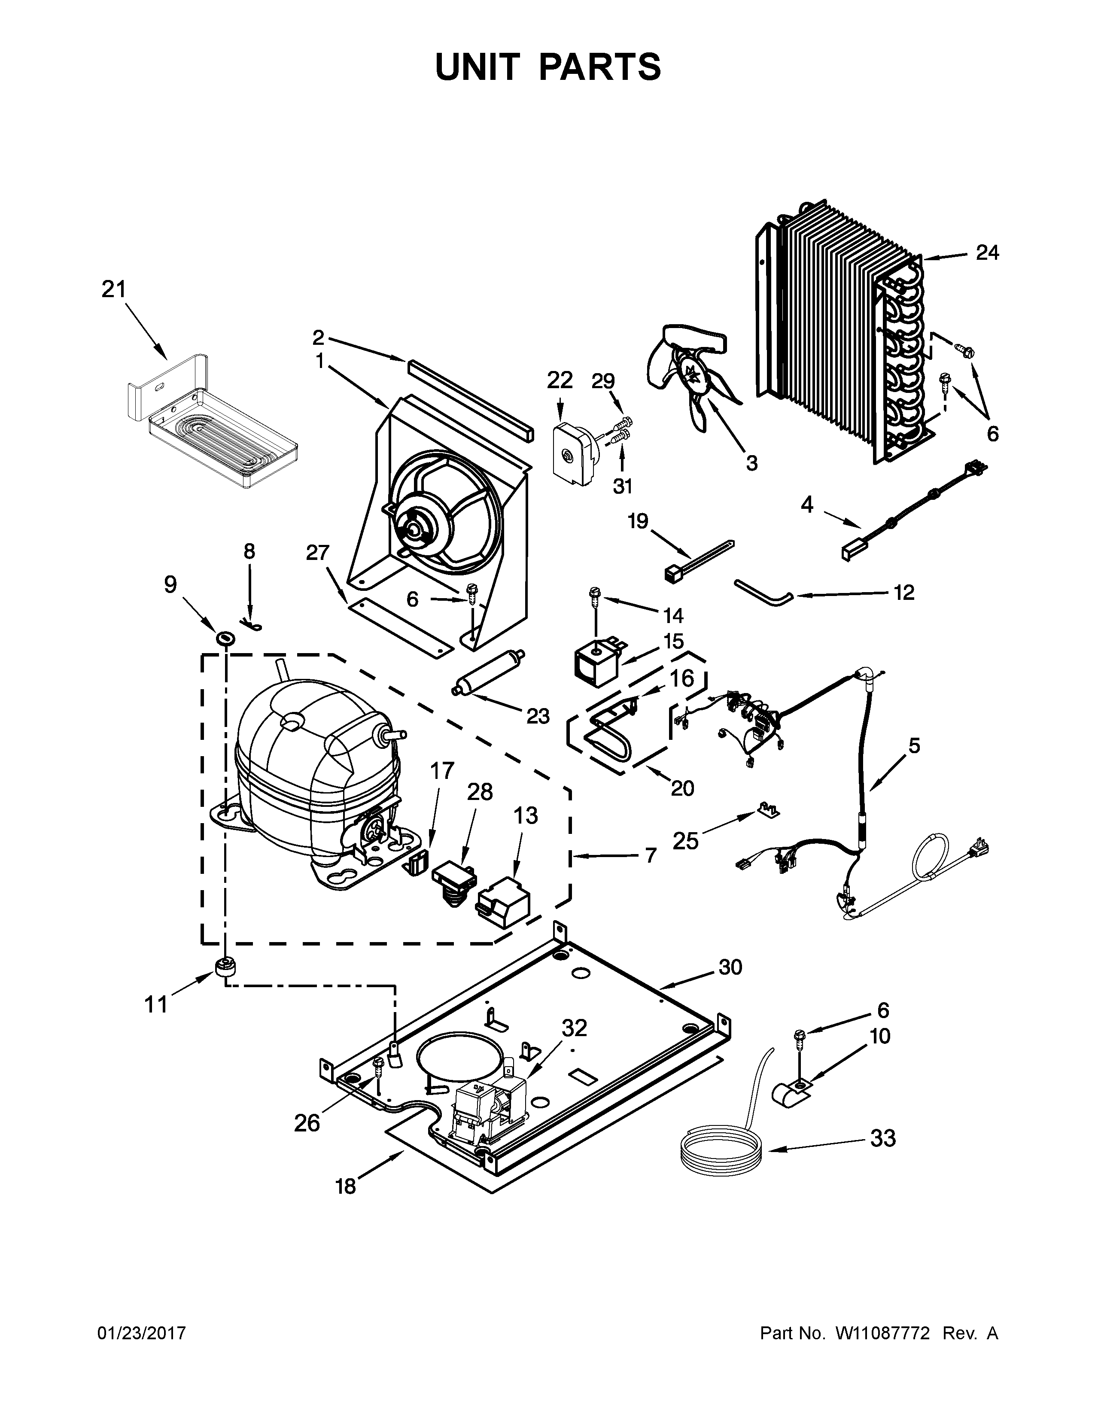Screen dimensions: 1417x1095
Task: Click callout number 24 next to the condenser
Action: click(x=987, y=252)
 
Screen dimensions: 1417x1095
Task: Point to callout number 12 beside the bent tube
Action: click(x=903, y=593)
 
